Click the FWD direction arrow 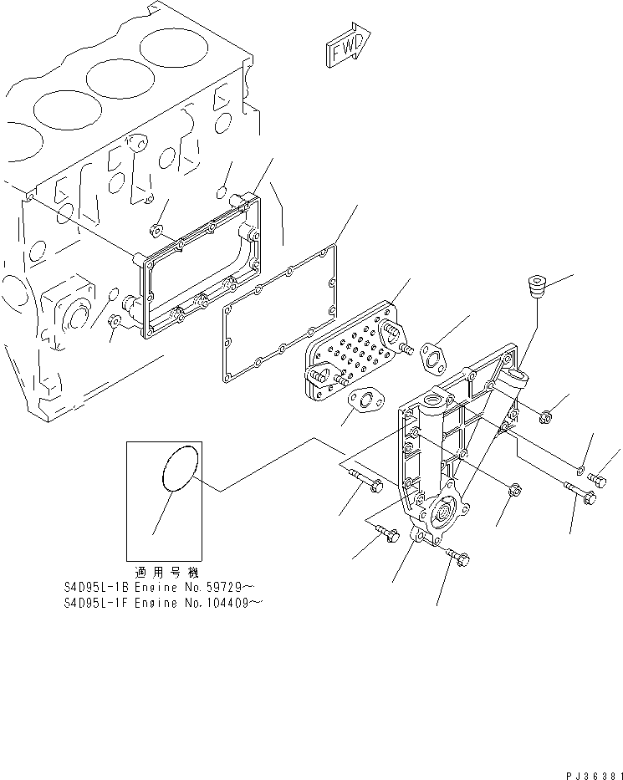345,49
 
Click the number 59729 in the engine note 202,587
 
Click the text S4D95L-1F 92,600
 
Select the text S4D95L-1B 92,587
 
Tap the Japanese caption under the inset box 163,573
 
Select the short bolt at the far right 597,479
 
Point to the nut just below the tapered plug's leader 544,413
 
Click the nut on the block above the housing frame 155,230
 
